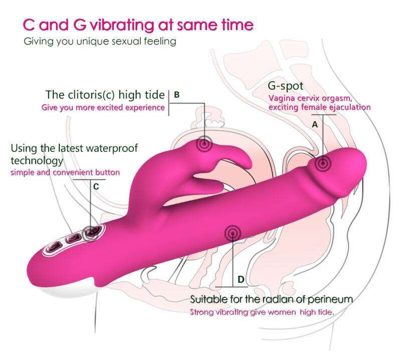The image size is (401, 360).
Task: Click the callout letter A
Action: click(x=315, y=125)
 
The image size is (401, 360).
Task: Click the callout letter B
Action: click(x=176, y=95)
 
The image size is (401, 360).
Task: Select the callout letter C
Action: click(x=96, y=187)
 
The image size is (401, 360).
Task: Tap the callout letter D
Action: click(x=241, y=279)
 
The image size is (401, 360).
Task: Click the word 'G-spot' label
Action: click(x=285, y=86)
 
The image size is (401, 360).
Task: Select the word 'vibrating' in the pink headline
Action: click(x=122, y=25)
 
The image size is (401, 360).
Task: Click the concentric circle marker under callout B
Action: click(x=205, y=144)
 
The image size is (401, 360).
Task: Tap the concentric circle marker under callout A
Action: click(x=323, y=163)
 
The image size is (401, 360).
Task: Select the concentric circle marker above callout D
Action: click(x=233, y=233)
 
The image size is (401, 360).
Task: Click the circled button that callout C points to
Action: click(x=92, y=233)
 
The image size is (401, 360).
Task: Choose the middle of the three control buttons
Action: click(x=73, y=239)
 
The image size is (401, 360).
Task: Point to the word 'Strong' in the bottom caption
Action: click(x=202, y=312)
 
